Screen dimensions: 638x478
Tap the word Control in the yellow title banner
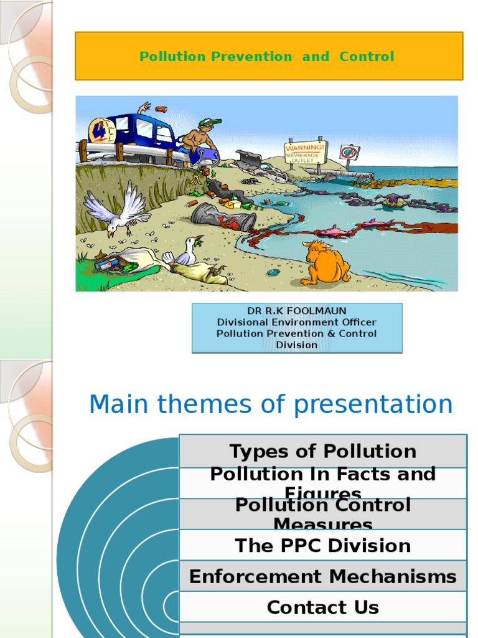(x=367, y=57)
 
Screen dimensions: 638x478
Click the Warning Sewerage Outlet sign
(x=305, y=152)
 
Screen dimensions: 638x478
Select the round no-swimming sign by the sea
(x=350, y=151)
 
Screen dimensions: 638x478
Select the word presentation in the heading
(x=373, y=405)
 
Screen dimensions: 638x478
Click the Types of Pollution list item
(x=322, y=451)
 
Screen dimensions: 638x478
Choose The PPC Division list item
(x=322, y=545)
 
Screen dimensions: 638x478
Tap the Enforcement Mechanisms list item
(x=322, y=576)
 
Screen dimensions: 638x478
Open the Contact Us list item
(x=322, y=607)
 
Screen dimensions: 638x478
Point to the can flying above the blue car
(x=161, y=109)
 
